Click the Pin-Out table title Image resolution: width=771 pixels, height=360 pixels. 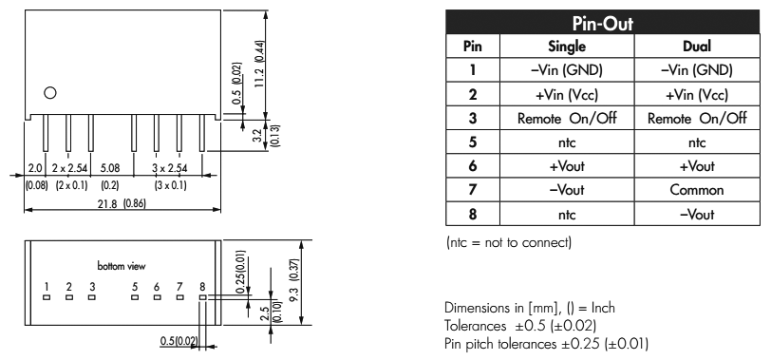pyautogui.click(x=602, y=23)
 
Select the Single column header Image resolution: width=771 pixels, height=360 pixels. pyautogui.click(x=567, y=47)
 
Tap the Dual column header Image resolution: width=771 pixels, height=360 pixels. pyautogui.click(x=697, y=47)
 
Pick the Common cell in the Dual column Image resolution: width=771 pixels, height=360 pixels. pyautogui.click(x=697, y=190)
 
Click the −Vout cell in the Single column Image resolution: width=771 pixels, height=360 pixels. pyautogui.click(x=567, y=190)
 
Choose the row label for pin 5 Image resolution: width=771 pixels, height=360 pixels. pyautogui.click(x=473, y=142)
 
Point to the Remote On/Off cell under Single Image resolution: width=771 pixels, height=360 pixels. pyautogui.click(x=567, y=118)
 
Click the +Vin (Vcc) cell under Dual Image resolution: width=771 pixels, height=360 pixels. pyautogui.click(x=697, y=94)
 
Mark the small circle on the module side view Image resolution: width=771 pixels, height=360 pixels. pyautogui.click(x=50, y=92)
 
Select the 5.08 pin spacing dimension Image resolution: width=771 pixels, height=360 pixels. pyautogui.click(x=110, y=168)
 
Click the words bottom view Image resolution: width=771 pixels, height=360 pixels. pyautogui.click(x=122, y=266)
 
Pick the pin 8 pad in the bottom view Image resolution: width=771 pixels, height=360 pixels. pyautogui.click(x=202, y=297)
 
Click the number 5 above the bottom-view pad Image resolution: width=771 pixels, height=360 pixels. pyautogui.click(x=134, y=287)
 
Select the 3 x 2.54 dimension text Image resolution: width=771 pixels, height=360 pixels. pyautogui.click(x=170, y=168)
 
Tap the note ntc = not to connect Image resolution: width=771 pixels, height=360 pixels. pyautogui.click(x=509, y=242)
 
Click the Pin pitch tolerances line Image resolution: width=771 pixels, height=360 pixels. pyautogui.click(x=546, y=343)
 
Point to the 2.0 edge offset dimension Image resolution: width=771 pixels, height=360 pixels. pyautogui.click(x=35, y=168)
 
